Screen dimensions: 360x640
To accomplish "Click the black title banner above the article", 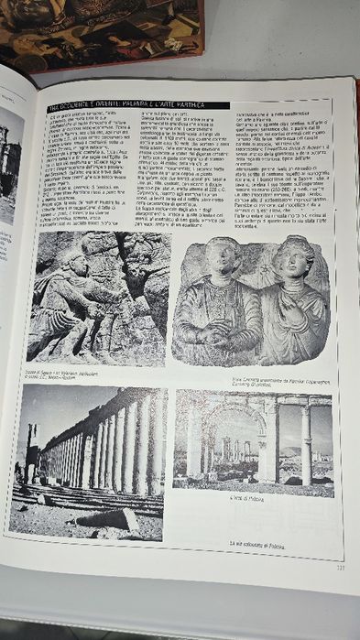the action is [x=137, y=106].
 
